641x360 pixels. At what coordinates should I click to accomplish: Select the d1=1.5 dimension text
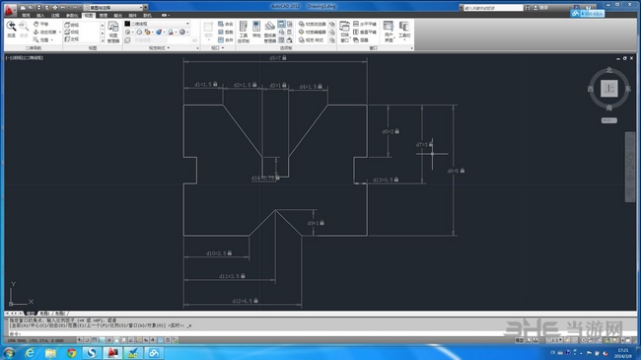(204, 85)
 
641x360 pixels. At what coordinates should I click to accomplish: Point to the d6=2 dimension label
(389, 130)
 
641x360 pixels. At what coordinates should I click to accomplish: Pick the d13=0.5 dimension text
(384, 180)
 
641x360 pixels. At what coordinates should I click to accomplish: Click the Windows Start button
(11, 351)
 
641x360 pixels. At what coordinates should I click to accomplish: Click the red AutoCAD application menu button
(9, 10)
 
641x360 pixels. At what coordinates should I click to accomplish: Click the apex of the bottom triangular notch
(277, 207)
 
